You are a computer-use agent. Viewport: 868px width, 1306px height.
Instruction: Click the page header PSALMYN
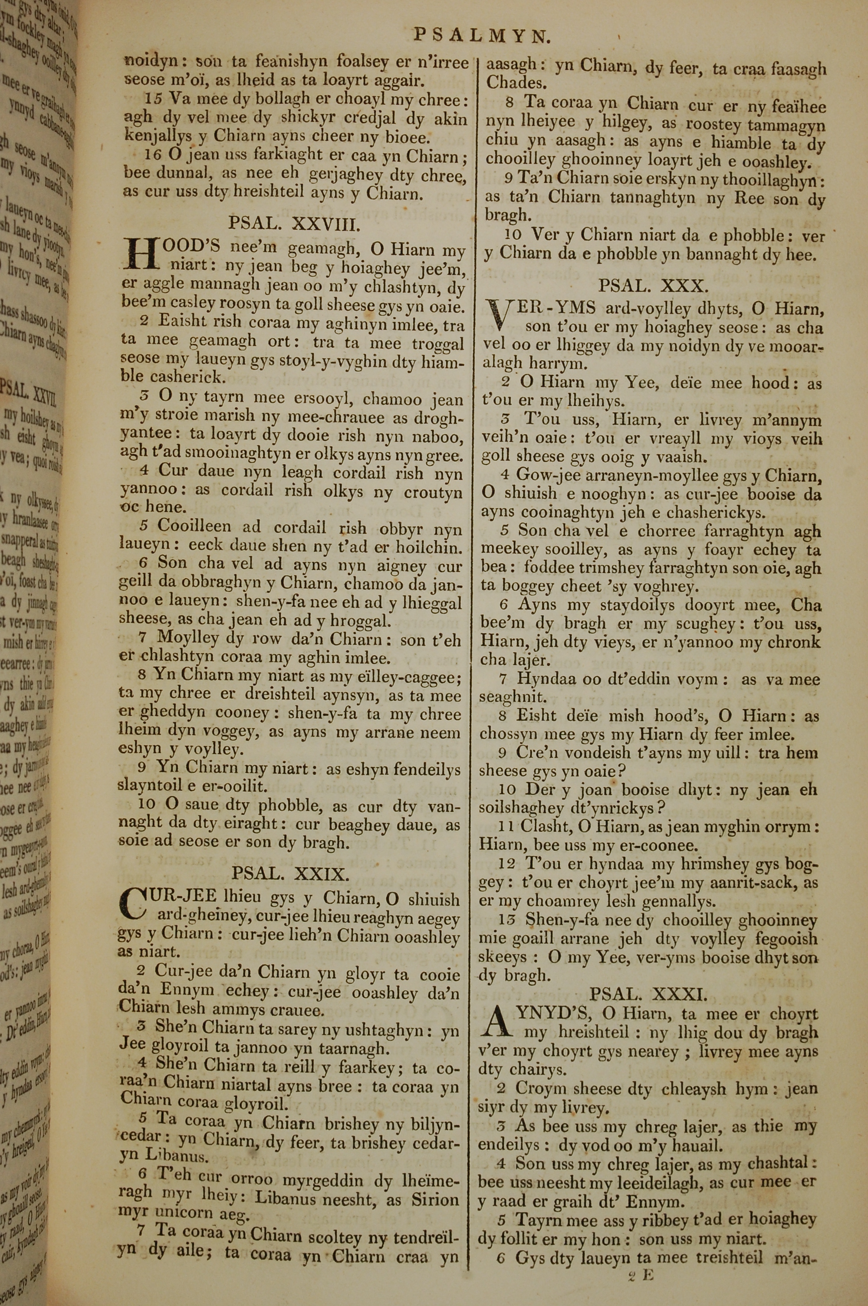coord(482,36)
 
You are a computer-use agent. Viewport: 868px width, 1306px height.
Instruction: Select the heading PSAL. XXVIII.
coord(295,223)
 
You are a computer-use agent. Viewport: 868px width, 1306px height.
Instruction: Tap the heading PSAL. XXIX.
coord(290,874)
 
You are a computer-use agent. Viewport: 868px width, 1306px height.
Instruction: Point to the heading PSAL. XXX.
coord(653,286)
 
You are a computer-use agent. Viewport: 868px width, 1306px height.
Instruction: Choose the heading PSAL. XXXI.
coord(648,995)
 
